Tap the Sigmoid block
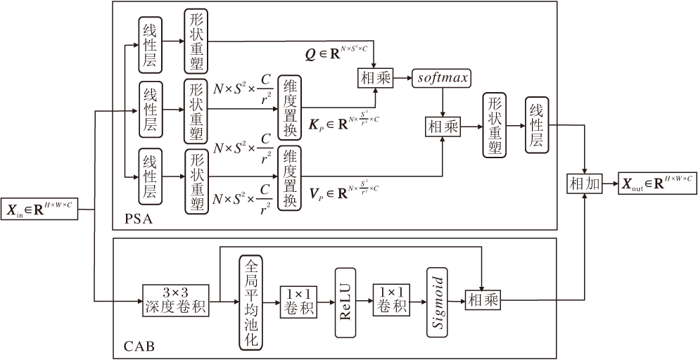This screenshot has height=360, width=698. [x=437, y=301]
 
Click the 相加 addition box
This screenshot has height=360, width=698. [x=585, y=184]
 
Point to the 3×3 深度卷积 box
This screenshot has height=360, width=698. [x=176, y=301]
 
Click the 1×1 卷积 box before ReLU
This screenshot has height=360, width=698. [x=298, y=301]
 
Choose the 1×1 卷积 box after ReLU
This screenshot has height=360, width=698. [x=391, y=301]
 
